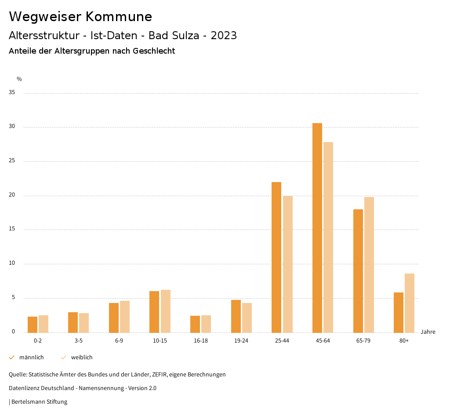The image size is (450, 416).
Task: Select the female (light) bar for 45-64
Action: (328, 237)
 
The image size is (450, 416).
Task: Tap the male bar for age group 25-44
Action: (276, 257)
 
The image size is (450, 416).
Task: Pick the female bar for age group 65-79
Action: (369, 265)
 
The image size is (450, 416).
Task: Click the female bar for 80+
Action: (410, 303)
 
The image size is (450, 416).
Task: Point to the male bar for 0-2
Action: (33, 325)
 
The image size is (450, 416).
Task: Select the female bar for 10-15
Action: (165, 311)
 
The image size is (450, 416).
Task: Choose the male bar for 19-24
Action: (236, 316)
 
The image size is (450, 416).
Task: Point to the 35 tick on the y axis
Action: (12, 93)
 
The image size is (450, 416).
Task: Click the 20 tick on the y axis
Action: (12, 195)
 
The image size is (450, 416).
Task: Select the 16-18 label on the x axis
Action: (200, 341)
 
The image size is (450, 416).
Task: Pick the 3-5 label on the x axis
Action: (79, 341)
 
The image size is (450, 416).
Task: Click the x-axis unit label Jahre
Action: (428, 332)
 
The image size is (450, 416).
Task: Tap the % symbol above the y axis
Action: (19, 79)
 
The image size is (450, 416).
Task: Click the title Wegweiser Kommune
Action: (80, 17)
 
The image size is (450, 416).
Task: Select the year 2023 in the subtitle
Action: (224, 36)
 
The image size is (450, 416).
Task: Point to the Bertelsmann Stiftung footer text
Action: (39, 402)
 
